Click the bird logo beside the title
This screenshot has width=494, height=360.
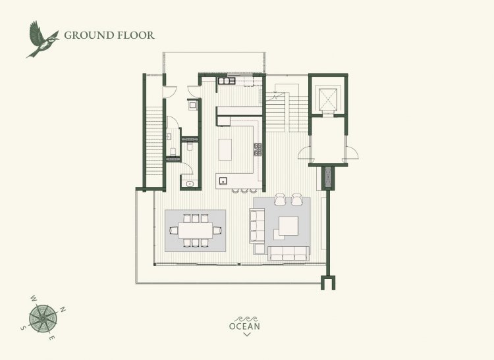(42, 39)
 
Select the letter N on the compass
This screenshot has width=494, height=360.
(63, 309)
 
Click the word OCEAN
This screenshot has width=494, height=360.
(244, 326)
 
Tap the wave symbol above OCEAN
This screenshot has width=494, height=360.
(247, 319)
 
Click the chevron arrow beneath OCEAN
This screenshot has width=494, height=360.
(247, 334)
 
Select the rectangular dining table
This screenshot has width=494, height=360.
(196, 230)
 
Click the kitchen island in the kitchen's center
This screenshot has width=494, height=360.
(225, 149)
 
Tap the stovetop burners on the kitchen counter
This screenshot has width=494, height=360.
(258, 149)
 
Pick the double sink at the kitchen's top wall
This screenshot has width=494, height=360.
(224, 81)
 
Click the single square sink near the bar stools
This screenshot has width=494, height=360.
(223, 181)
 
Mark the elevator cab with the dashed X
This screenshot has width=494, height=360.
(328, 99)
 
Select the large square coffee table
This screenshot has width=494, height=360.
(288, 226)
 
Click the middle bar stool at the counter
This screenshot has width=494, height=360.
(244, 190)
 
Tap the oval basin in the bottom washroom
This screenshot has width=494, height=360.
(190, 184)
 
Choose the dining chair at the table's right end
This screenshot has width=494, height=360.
(217, 230)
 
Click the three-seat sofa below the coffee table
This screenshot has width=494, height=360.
(288, 253)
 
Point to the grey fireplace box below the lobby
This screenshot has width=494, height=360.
(328, 178)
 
